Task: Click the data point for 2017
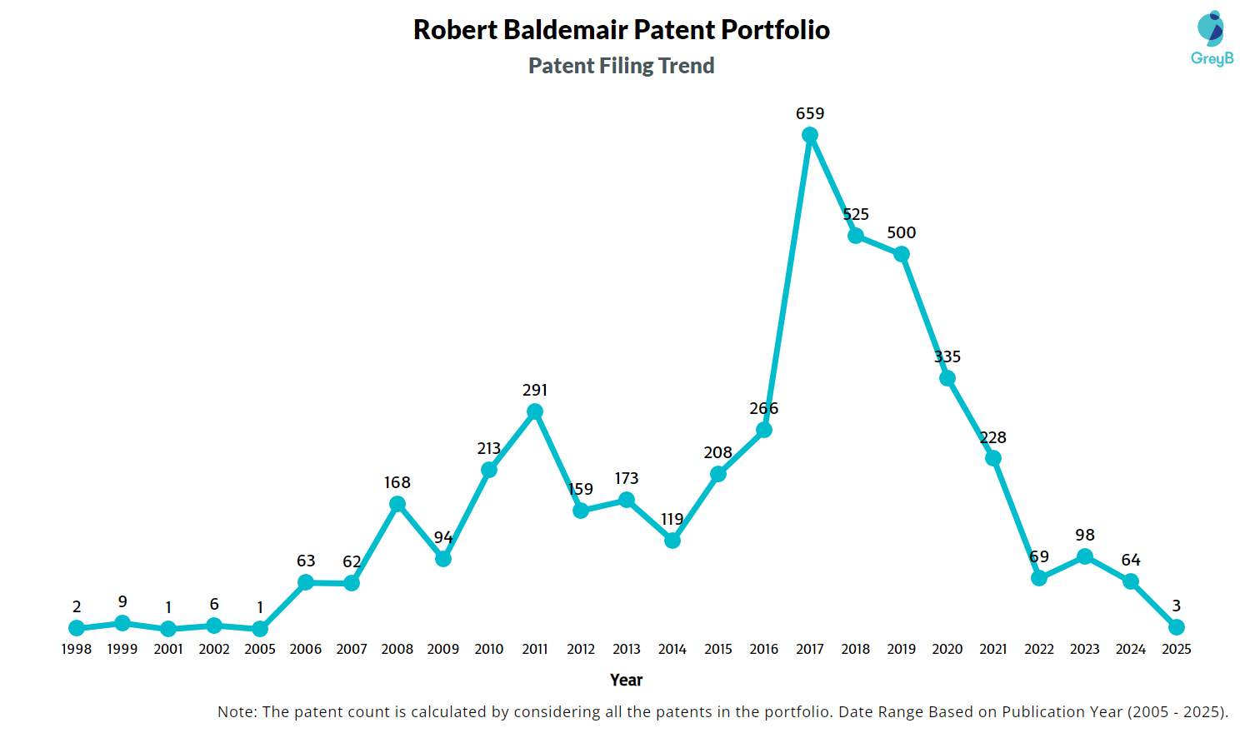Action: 810,135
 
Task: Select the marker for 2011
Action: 535,411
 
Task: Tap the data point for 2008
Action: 397,504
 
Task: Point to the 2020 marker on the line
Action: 947,378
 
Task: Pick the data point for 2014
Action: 672,541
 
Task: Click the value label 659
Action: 810,113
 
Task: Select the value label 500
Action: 902,232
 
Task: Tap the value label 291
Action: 535,390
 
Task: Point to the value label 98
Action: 1085,535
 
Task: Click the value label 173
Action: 627,478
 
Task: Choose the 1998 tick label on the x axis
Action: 77,649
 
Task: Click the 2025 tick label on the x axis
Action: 1177,649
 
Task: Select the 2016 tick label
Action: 764,649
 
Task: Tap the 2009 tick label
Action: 443,649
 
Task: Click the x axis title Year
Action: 626,680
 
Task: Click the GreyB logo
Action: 1212,38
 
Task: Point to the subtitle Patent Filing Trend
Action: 622,66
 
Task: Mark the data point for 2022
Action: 1039,578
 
